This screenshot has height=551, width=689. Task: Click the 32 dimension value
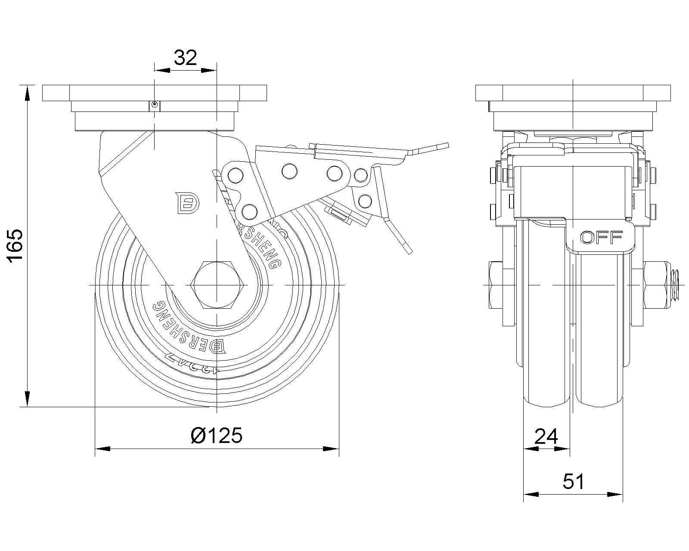185,58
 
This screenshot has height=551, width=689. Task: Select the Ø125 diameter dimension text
217,436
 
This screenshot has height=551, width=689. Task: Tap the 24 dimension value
546,436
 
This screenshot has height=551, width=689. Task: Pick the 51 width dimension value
574,482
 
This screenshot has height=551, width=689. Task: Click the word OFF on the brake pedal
602,237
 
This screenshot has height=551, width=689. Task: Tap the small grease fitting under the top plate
154,104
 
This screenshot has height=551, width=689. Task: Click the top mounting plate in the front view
573,93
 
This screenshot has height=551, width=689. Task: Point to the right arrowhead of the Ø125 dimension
332,449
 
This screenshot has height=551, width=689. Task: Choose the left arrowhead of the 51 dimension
531,494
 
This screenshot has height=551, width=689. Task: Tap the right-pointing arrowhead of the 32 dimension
209,70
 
